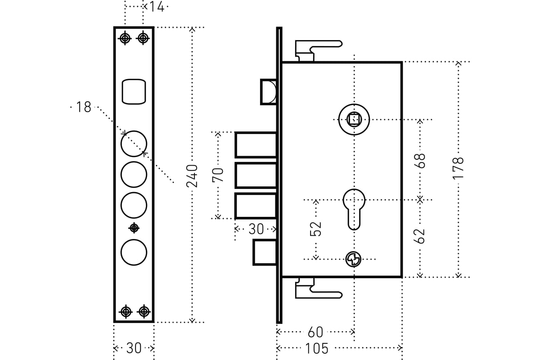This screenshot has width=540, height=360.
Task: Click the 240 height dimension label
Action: pos(192,175)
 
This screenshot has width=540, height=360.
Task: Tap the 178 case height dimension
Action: pos(458,168)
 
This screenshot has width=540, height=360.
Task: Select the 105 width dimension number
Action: pos(316,348)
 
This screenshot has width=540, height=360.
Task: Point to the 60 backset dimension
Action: pos(315,333)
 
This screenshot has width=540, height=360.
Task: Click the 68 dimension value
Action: pos(420,161)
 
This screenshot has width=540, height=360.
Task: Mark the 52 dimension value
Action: pos(316,229)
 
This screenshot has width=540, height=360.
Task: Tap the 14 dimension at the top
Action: pos(157,7)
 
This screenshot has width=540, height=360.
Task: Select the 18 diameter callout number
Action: pos(84,107)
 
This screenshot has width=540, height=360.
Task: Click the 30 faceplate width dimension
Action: pos(134,348)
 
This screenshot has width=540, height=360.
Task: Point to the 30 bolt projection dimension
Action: pos(256,229)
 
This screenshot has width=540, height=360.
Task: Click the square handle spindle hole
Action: pos(354,119)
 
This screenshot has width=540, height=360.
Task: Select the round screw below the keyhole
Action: pos(353,259)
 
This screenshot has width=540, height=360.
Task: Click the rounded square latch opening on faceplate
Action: pos(134,92)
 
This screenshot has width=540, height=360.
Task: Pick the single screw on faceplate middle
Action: pos(134,228)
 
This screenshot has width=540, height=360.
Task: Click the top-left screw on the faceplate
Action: pos(125,38)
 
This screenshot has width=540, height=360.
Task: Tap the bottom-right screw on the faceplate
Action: pos(144,311)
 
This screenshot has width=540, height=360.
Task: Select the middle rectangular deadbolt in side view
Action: pos(256,175)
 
